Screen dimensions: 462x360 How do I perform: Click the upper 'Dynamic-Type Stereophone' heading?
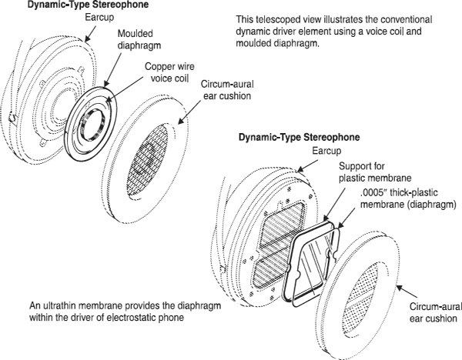click(88, 5)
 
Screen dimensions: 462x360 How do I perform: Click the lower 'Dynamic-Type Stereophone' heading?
click(299, 138)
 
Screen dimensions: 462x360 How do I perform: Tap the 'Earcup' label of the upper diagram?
click(99, 18)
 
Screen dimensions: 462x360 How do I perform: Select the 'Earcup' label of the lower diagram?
click(326, 151)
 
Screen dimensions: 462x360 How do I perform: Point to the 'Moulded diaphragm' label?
click(139, 39)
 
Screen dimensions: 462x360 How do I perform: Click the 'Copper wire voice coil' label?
click(169, 72)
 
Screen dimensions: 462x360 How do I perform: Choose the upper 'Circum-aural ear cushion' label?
click(227, 90)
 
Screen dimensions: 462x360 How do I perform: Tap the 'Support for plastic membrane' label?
click(375, 172)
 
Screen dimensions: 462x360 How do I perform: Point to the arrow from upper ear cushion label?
click(189, 112)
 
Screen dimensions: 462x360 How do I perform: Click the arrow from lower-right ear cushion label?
click(407, 292)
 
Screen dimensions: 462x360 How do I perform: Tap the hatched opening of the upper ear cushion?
click(147, 159)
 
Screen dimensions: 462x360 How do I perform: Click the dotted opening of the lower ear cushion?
click(361, 298)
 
